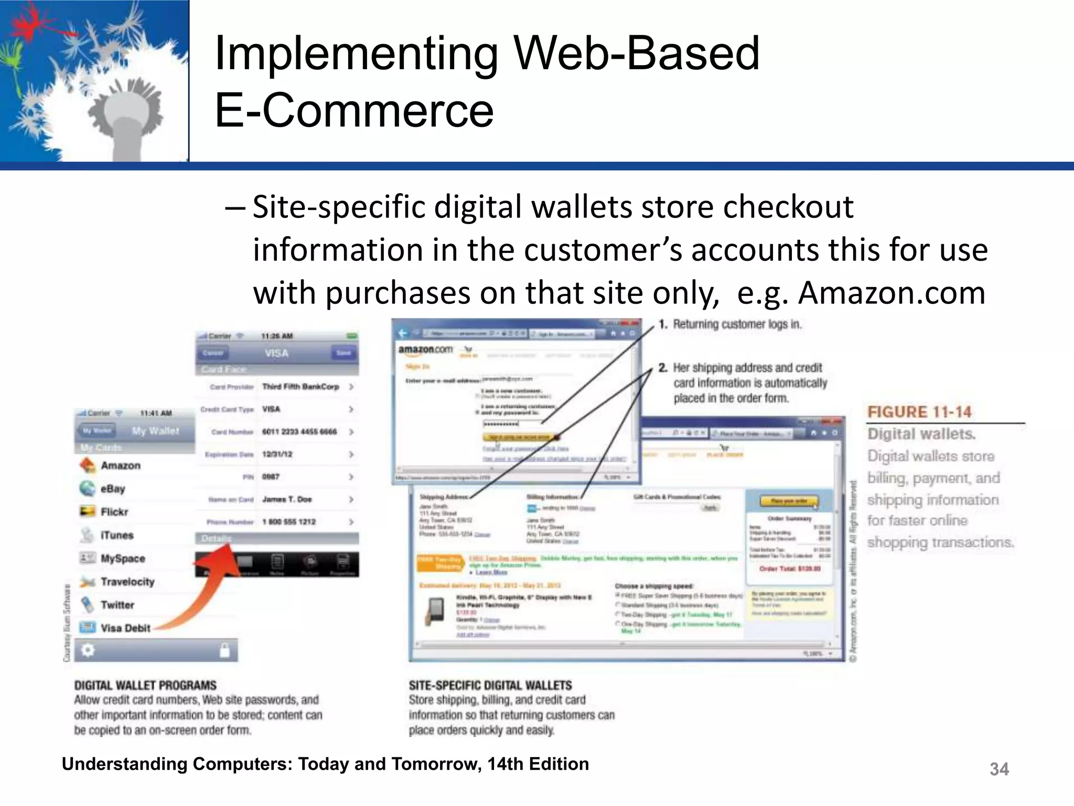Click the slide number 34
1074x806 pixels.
pyautogui.click(x=998, y=769)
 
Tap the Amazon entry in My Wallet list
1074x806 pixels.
pyautogui.click(x=120, y=465)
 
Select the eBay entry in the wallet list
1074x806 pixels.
pyautogui.click(x=113, y=489)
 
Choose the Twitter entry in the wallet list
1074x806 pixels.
pyautogui.click(x=117, y=604)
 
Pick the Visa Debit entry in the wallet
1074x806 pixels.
pyautogui.click(x=125, y=628)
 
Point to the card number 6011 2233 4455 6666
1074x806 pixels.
pyautogui.click(x=299, y=431)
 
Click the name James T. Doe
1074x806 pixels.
pyautogui.click(x=287, y=499)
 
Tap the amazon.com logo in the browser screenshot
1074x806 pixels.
pyautogui.click(x=425, y=349)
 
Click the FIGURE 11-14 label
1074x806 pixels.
pyautogui.click(x=919, y=412)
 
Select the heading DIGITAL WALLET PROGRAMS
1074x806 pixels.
pyautogui.click(x=145, y=685)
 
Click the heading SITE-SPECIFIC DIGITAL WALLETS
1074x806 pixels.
pyautogui.click(x=490, y=685)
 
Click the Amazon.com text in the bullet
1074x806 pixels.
pyautogui.click(x=892, y=293)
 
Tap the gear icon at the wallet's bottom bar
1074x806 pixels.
pyautogui.click(x=88, y=650)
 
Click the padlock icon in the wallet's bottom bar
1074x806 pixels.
pyautogui.click(x=224, y=651)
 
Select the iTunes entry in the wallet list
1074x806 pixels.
pyautogui.click(x=117, y=535)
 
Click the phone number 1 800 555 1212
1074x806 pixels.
pyautogui.click(x=289, y=522)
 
